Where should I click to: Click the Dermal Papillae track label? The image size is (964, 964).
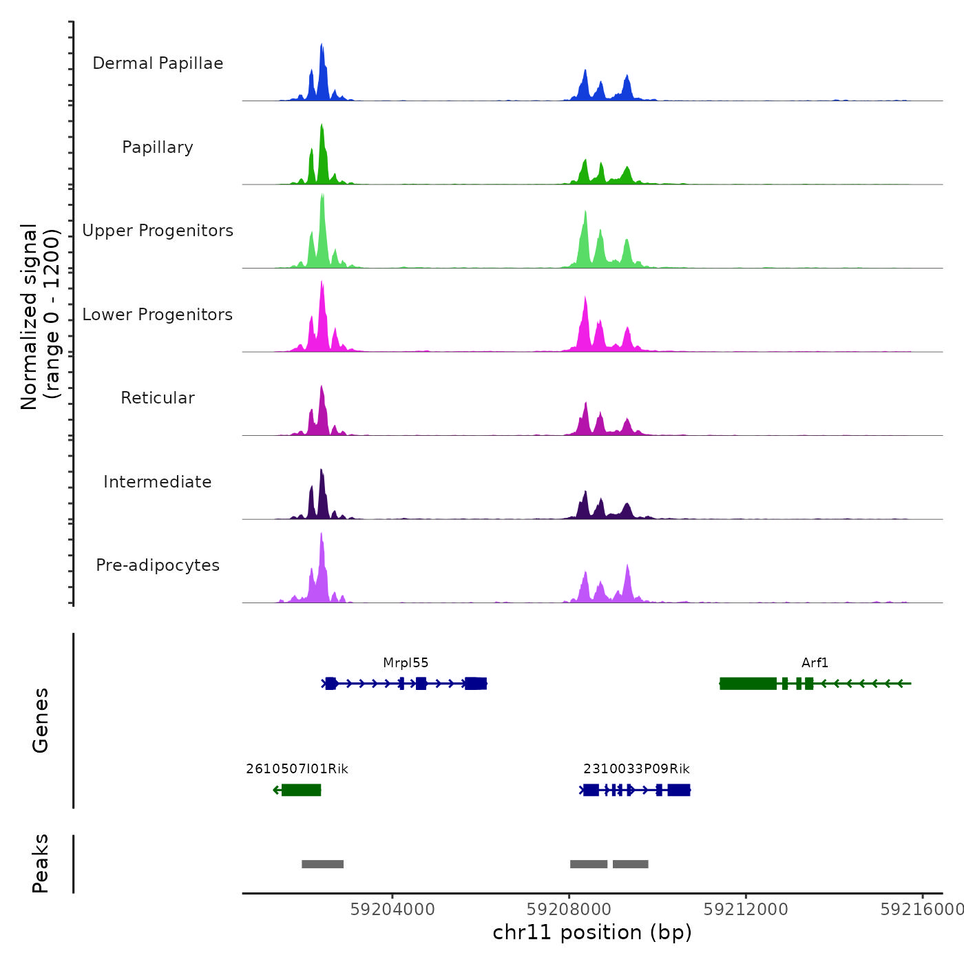click(x=158, y=63)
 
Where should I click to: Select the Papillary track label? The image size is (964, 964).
click(x=158, y=147)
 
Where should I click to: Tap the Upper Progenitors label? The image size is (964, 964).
click(x=158, y=231)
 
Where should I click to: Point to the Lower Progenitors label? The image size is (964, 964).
click(x=158, y=315)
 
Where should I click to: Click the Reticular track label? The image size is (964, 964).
click(x=158, y=398)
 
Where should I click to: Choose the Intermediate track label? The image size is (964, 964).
click(x=158, y=482)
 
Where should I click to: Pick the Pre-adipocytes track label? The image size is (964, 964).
click(x=158, y=565)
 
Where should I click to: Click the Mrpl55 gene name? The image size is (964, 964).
click(x=406, y=663)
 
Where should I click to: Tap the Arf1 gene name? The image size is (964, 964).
click(x=815, y=663)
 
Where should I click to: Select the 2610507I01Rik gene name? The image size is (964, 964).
click(x=297, y=769)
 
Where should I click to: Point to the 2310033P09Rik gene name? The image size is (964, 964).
click(x=636, y=769)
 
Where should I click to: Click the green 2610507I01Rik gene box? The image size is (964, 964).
click(x=302, y=790)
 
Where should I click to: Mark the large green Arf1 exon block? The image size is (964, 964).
click(x=748, y=683)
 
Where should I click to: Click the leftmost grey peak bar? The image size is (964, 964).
click(x=322, y=864)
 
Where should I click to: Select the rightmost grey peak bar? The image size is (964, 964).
click(x=631, y=864)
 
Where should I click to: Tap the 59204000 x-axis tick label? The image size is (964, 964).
click(x=392, y=910)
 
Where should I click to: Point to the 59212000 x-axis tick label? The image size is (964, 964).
click(x=746, y=910)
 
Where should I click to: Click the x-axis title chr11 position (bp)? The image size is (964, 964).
click(x=592, y=933)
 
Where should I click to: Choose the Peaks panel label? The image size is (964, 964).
click(x=41, y=863)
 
